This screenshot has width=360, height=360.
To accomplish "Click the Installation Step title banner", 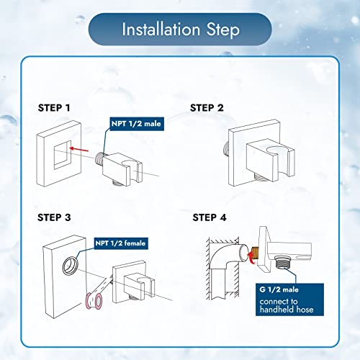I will pyautogui.click(x=180, y=30).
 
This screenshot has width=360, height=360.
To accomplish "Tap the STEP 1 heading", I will pyautogui.click(x=54, y=107).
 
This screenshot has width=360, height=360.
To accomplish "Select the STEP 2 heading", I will pyautogui.click(x=207, y=107).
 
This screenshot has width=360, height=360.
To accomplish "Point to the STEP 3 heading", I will pyautogui.click(x=55, y=216).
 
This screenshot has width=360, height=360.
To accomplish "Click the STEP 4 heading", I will pyautogui.click(x=210, y=217).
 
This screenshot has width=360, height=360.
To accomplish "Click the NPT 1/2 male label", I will pyautogui.click(x=136, y=124).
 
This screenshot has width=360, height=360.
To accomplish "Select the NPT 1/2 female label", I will pyautogui.click(x=120, y=243).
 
